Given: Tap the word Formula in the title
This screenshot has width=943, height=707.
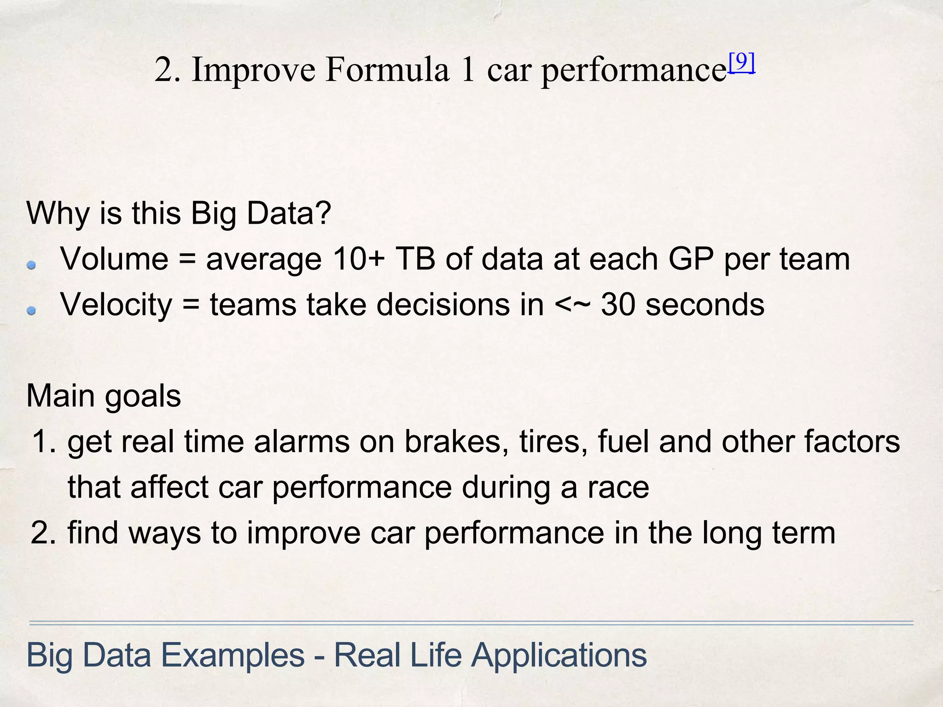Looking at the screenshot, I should (x=387, y=70).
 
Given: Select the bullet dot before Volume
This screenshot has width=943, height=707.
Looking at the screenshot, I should (x=31, y=265).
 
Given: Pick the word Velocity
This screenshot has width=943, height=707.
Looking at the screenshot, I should (x=116, y=306).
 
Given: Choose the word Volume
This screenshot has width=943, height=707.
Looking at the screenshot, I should (x=114, y=259).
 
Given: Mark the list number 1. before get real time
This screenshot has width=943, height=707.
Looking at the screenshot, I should (x=44, y=441).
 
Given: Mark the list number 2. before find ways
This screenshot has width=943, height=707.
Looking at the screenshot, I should (x=44, y=533).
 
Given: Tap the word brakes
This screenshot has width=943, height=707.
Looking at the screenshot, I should (x=456, y=441).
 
